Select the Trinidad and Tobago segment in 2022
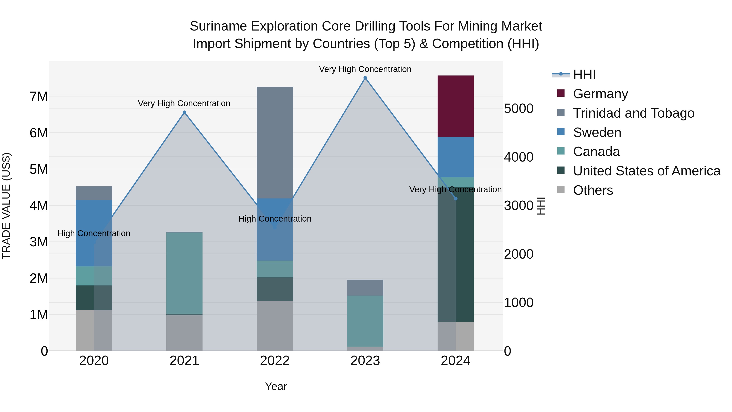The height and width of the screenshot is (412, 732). (x=274, y=142)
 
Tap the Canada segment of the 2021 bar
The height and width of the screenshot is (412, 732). (x=184, y=273)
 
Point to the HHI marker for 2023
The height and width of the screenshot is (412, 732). (x=365, y=78)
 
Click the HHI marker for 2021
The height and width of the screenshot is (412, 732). (x=184, y=112)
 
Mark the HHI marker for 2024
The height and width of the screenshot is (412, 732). (x=455, y=198)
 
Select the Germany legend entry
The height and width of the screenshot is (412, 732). (x=600, y=94)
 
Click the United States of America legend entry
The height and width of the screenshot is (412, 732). (x=646, y=171)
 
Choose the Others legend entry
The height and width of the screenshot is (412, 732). (x=593, y=190)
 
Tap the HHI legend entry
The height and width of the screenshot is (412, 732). (x=584, y=74)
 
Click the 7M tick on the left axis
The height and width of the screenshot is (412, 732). (x=39, y=97)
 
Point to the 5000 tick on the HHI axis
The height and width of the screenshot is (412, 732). (x=518, y=109)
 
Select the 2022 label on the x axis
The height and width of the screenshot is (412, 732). (x=274, y=361)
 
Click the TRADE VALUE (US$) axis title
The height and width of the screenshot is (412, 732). (x=6, y=206)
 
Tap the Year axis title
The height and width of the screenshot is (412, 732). (x=276, y=386)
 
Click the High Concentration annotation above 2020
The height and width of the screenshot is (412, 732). (x=94, y=233)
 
